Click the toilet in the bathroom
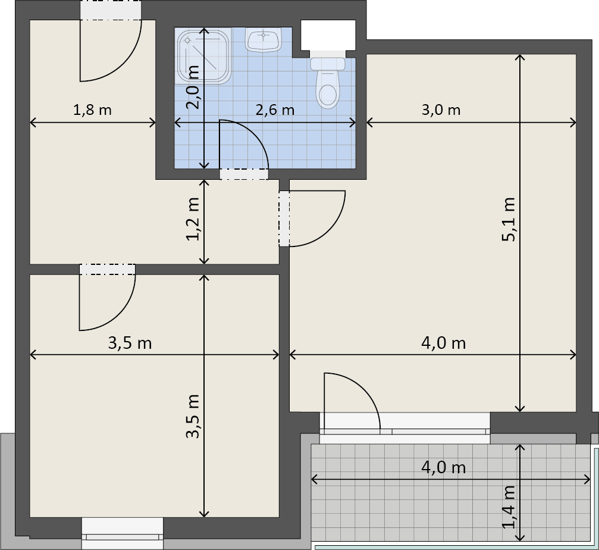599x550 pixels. pos(328,83)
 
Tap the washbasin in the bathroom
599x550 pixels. pos(263,40)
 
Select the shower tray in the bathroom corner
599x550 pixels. pos(204,55)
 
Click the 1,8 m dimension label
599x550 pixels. pos(92,110)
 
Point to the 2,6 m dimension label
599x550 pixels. pos(275,110)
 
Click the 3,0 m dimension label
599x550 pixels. pos(441,110)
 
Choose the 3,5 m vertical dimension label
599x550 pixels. pos(193,417)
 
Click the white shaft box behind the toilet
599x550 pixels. pos(328,35)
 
